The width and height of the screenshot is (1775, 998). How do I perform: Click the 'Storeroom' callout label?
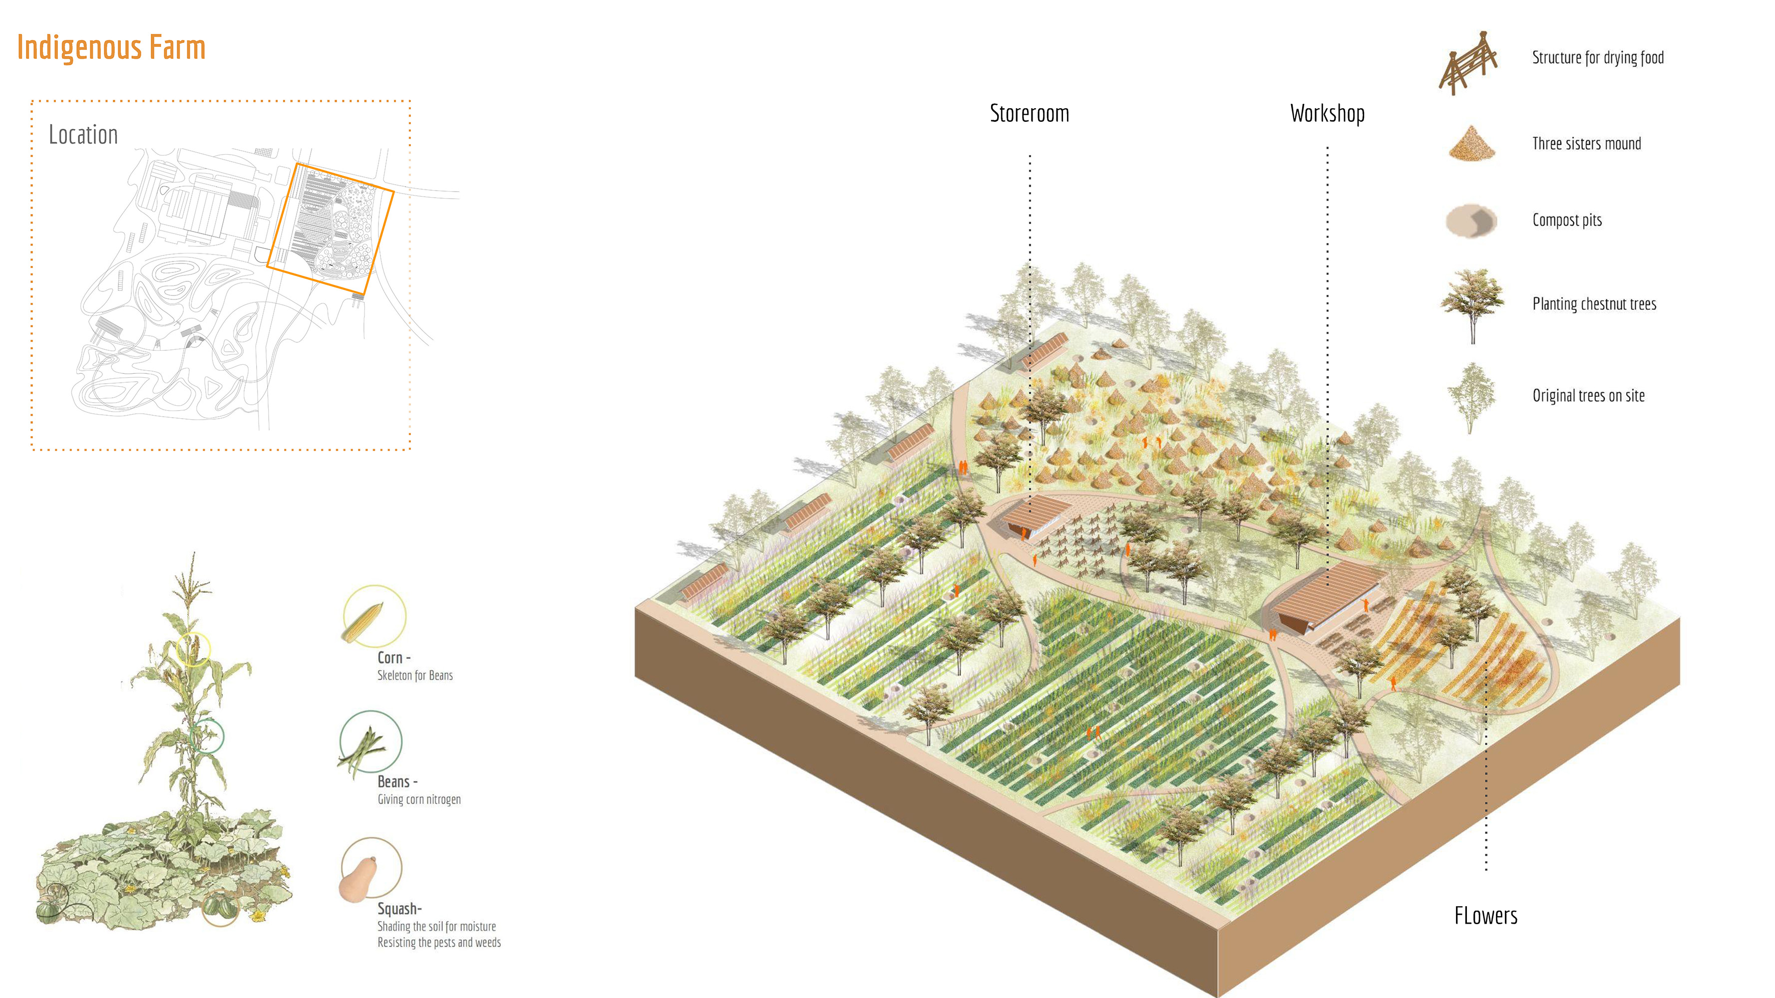[x=1030, y=114]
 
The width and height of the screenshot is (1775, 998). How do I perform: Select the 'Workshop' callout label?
[x=1327, y=114]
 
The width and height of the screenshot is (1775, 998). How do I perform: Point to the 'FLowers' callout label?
[x=1485, y=916]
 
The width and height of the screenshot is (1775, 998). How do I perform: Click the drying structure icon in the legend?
[x=1469, y=63]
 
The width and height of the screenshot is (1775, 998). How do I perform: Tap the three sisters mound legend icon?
[x=1472, y=143]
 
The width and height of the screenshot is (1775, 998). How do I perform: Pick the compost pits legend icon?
[x=1472, y=221]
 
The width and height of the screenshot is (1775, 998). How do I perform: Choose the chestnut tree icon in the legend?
[x=1472, y=303]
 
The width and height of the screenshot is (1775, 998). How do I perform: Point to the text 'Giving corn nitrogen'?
[x=419, y=799]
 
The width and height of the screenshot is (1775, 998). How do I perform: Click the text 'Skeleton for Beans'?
[x=415, y=676]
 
